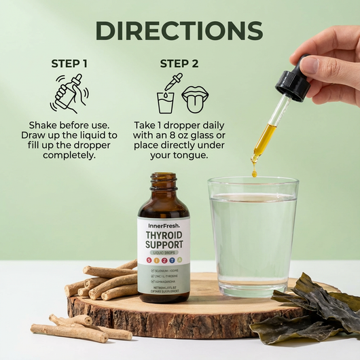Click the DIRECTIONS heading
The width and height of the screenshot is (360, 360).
tap(179, 31)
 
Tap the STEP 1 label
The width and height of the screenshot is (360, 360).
tap(70, 64)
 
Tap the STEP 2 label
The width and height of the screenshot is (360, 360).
tap(179, 64)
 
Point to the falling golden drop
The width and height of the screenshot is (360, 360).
tap(254, 173)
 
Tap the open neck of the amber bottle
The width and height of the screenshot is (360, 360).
tap(164, 177)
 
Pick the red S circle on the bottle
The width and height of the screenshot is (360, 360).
tap(149, 261)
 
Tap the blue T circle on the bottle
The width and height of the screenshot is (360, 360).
tap(173, 261)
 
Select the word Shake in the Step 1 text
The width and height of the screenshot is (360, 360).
tap(43, 125)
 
